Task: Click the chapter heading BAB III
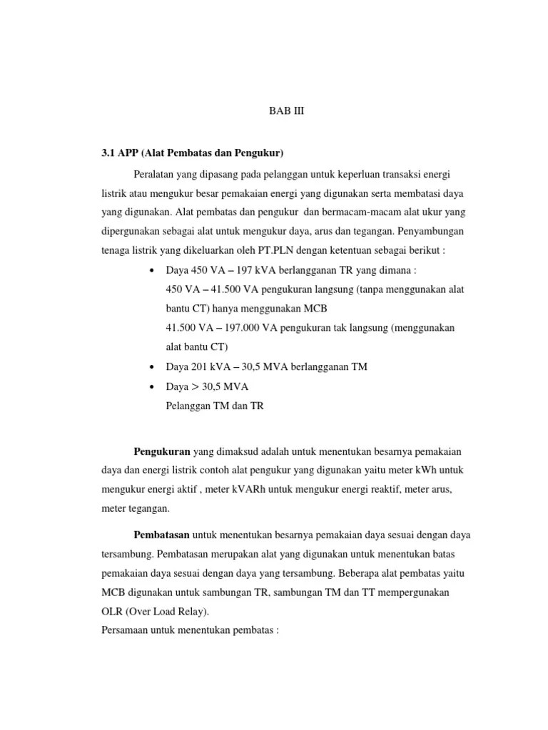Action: click(286, 112)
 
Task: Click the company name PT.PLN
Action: click(243, 251)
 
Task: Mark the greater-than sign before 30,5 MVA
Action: click(195, 386)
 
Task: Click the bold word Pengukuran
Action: click(162, 451)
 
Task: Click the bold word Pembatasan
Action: click(163, 535)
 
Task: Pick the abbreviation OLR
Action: click(112, 612)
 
